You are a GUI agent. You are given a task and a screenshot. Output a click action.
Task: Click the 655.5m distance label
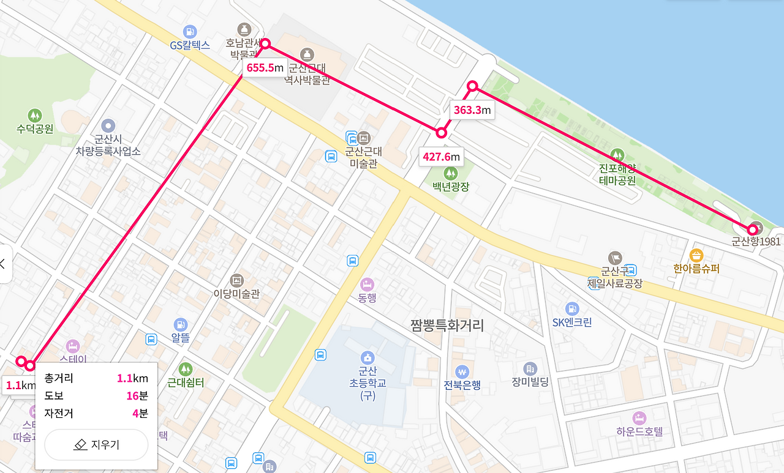(265, 67)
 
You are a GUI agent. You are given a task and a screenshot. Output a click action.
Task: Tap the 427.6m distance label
(441, 157)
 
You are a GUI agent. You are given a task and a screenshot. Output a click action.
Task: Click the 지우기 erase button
(96, 445)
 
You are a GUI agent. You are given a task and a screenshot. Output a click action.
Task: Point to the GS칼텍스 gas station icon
(190, 31)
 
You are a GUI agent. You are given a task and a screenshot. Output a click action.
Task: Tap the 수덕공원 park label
(35, 128)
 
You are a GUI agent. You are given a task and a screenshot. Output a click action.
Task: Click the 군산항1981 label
(756, 241)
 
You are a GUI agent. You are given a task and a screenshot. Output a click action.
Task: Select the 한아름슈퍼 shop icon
(696, 255)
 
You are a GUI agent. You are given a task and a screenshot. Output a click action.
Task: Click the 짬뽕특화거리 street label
(447, 325)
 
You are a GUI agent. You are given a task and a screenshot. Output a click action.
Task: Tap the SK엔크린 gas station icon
(572, 308)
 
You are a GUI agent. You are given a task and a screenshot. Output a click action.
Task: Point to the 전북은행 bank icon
(462, 371)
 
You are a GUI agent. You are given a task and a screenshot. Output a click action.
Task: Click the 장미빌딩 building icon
(530, 368)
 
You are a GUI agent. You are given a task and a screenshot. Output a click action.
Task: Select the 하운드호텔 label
(639, 431)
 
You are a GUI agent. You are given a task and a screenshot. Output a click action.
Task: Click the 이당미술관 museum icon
(236, 280)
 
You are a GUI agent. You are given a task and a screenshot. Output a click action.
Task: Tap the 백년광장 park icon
(450, 173)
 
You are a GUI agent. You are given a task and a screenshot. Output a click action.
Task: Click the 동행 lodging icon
(367, 285)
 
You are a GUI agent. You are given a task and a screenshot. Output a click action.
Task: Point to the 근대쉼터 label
(186, 383)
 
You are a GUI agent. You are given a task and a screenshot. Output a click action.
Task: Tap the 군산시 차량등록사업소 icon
(108, 125)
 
